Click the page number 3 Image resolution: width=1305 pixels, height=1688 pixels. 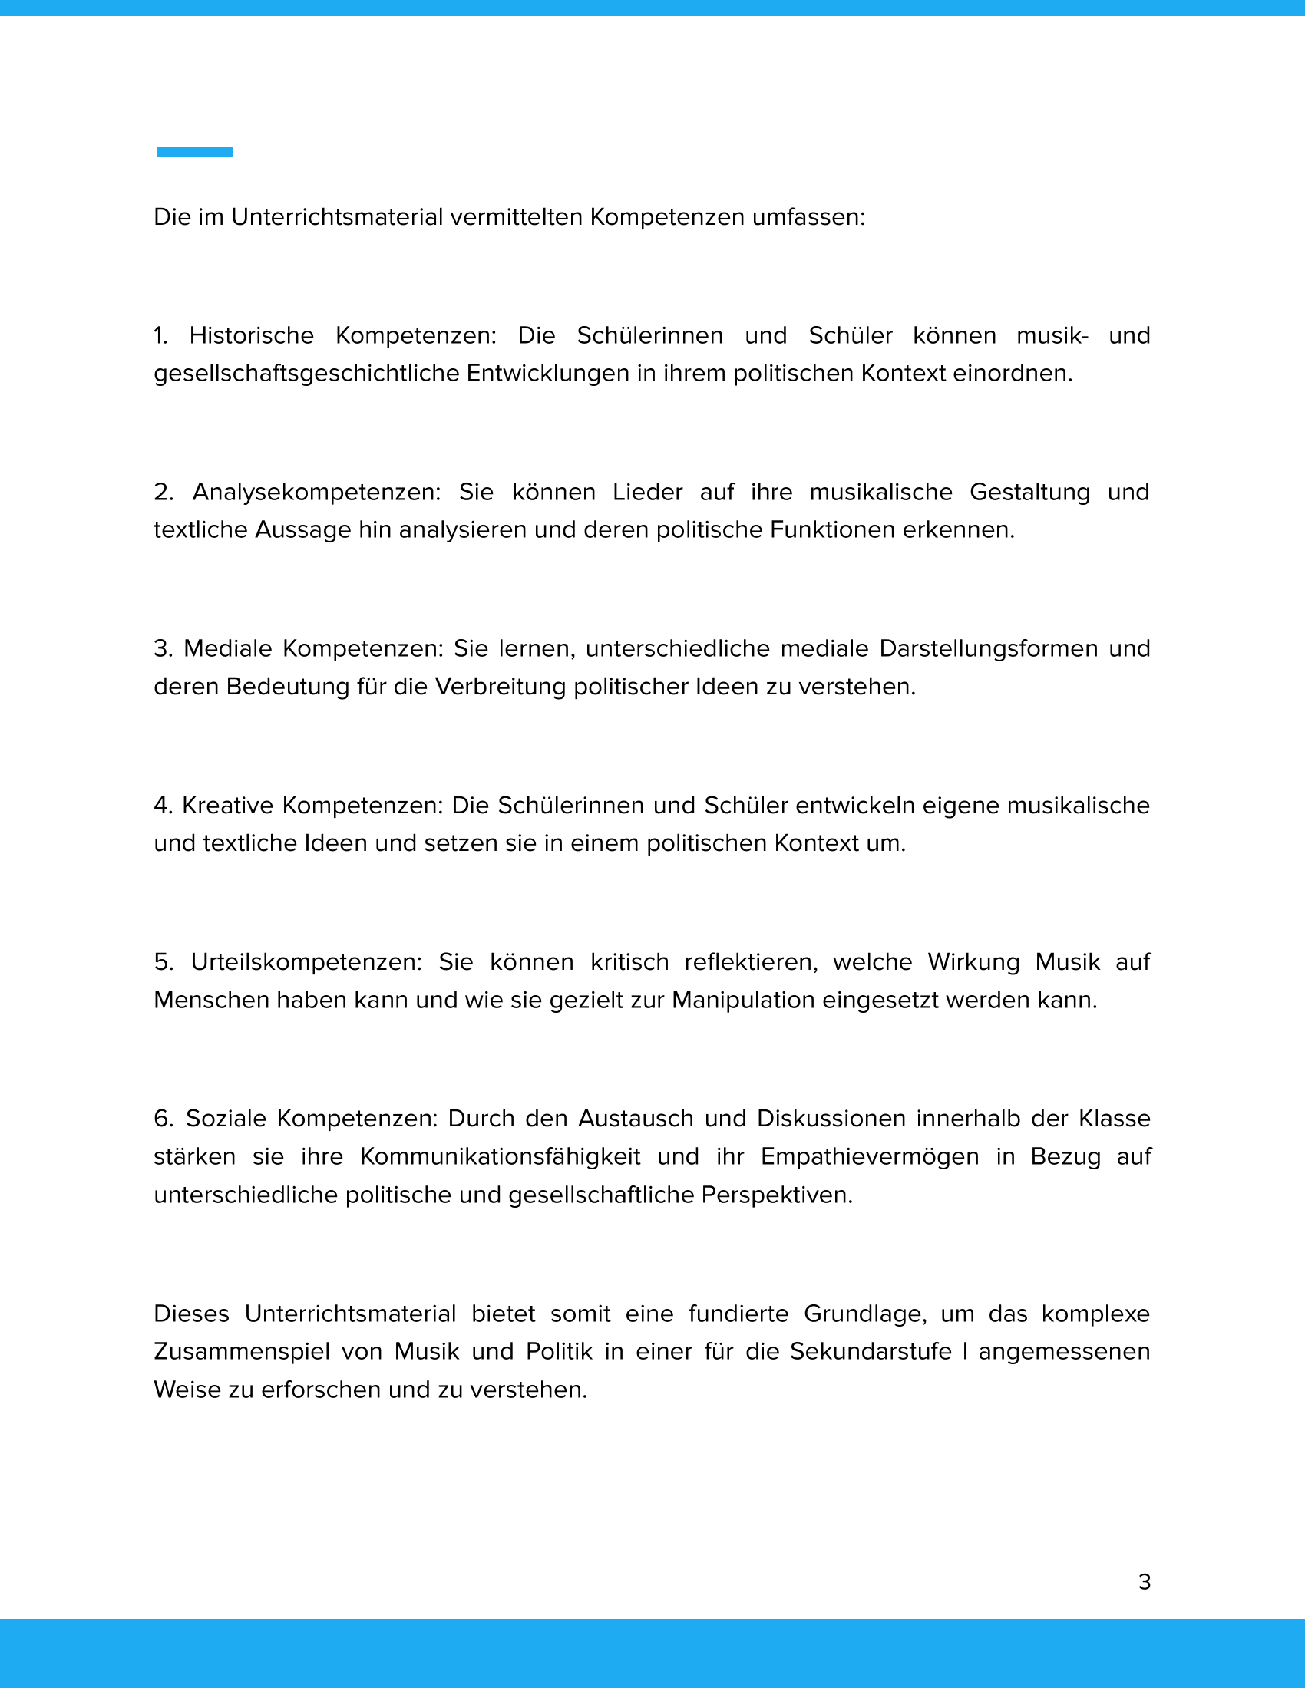tap(1145, 1582)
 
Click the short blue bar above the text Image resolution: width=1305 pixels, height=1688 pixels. tap(194, 152)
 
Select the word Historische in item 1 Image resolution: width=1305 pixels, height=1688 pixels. tap(251, 335)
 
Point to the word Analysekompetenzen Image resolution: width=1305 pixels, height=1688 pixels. tap(316, 492)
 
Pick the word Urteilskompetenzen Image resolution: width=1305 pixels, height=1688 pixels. tap(306, 962)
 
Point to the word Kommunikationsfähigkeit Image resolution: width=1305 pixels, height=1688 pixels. tap(501, 1156)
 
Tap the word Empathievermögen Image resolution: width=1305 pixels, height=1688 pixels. tap(869, 1156)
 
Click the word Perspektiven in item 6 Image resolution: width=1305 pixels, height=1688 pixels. tap(776, 1195)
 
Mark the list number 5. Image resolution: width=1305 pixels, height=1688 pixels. tap(162, 962)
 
